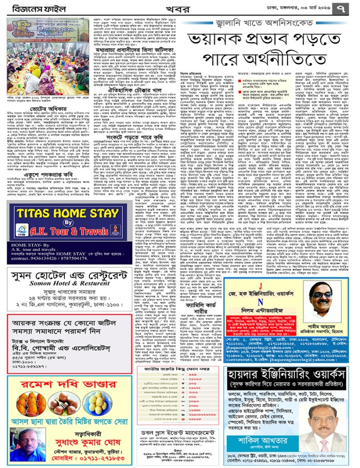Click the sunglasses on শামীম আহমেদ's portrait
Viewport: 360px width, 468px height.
[x=321, y=293]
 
